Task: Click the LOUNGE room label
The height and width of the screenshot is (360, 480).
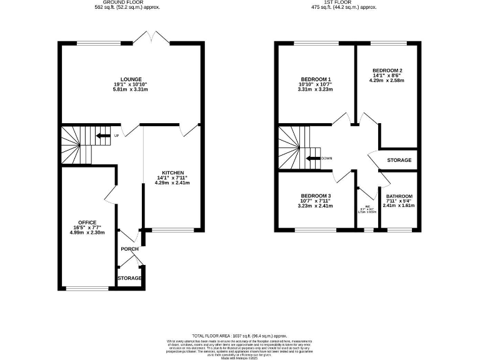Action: point(131,79)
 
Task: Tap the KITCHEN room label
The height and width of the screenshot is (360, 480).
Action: point(172,172)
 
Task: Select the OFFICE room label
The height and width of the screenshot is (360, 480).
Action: point(87,220)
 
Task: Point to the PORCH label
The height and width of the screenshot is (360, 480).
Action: point(130,249)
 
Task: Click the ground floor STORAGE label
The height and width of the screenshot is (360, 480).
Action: point(129,278)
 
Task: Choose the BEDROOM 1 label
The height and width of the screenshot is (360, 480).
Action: point(316,79)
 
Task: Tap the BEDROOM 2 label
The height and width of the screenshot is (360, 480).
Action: point(387,70)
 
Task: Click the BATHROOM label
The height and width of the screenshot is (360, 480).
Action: point(398,196)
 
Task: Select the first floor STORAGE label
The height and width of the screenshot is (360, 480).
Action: point(399,161)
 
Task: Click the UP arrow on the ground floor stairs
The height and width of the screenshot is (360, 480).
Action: point(102,136)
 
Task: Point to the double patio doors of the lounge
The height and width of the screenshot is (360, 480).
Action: point(151,39)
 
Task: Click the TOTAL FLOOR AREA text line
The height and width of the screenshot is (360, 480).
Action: point(240,336)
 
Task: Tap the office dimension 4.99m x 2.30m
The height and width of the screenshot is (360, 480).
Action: point(87,232)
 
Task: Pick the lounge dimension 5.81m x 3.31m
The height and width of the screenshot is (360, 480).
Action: point(131,90)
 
